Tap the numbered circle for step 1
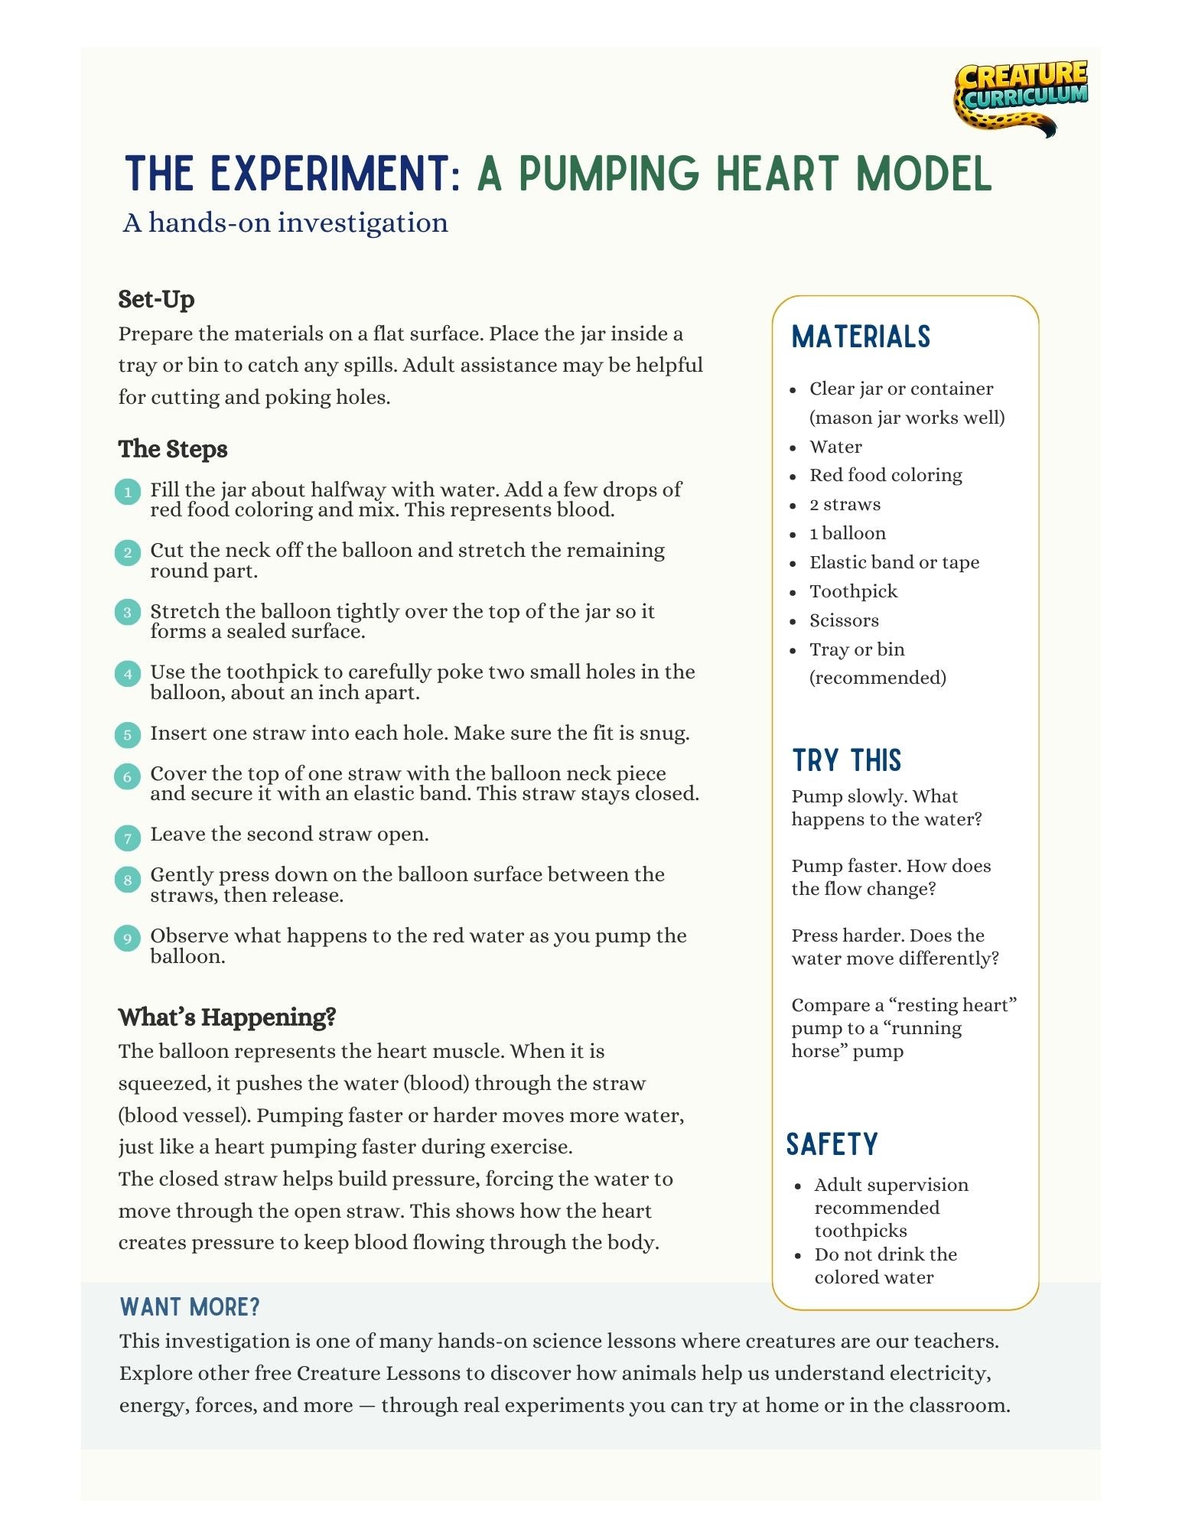[128, 492]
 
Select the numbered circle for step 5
[128, 735]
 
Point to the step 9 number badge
[128, 938]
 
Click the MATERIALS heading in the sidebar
[861, 337]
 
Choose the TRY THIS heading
[847, 761]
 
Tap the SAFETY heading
[832, 1144]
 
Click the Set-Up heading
[156, 299]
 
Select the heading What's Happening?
[227, 1017]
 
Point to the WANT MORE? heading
[190, 1307]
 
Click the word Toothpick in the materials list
[853, 591]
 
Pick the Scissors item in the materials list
[844, 620]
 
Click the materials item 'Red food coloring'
[885, 475]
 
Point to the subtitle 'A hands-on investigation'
[285, 223]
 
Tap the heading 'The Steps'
[173, 449]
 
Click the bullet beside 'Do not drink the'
[798, 1255]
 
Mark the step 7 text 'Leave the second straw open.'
[288, 834]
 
